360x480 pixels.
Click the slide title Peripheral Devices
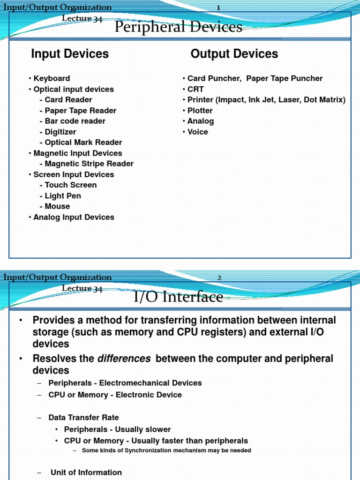[x=179, y=27]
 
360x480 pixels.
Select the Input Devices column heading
[x=70, y=54]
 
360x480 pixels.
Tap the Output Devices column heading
[x=234, y=54]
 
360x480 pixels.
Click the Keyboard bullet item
[x=52, y=78]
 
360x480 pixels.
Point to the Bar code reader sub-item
[x=75, y=121]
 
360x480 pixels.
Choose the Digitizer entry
[x=60, y=132]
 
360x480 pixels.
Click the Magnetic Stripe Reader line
[x=89, y=164]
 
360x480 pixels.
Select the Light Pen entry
[x=63, y=195]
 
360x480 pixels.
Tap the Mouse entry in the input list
[x=57, y=206]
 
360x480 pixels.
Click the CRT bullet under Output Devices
[x=195, y=89]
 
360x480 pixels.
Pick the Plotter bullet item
[x=200, y=111]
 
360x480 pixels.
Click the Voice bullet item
[x=197, y=132]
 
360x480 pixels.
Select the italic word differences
[x=124, y=359]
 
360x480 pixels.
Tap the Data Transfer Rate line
[x=83, y=417]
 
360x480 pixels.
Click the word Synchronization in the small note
[x=141, y=450]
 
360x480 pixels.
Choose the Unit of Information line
[x=86, y=472]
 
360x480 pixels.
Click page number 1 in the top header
[x=218, y=7]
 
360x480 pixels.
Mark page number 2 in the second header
[x=219, y=277]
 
